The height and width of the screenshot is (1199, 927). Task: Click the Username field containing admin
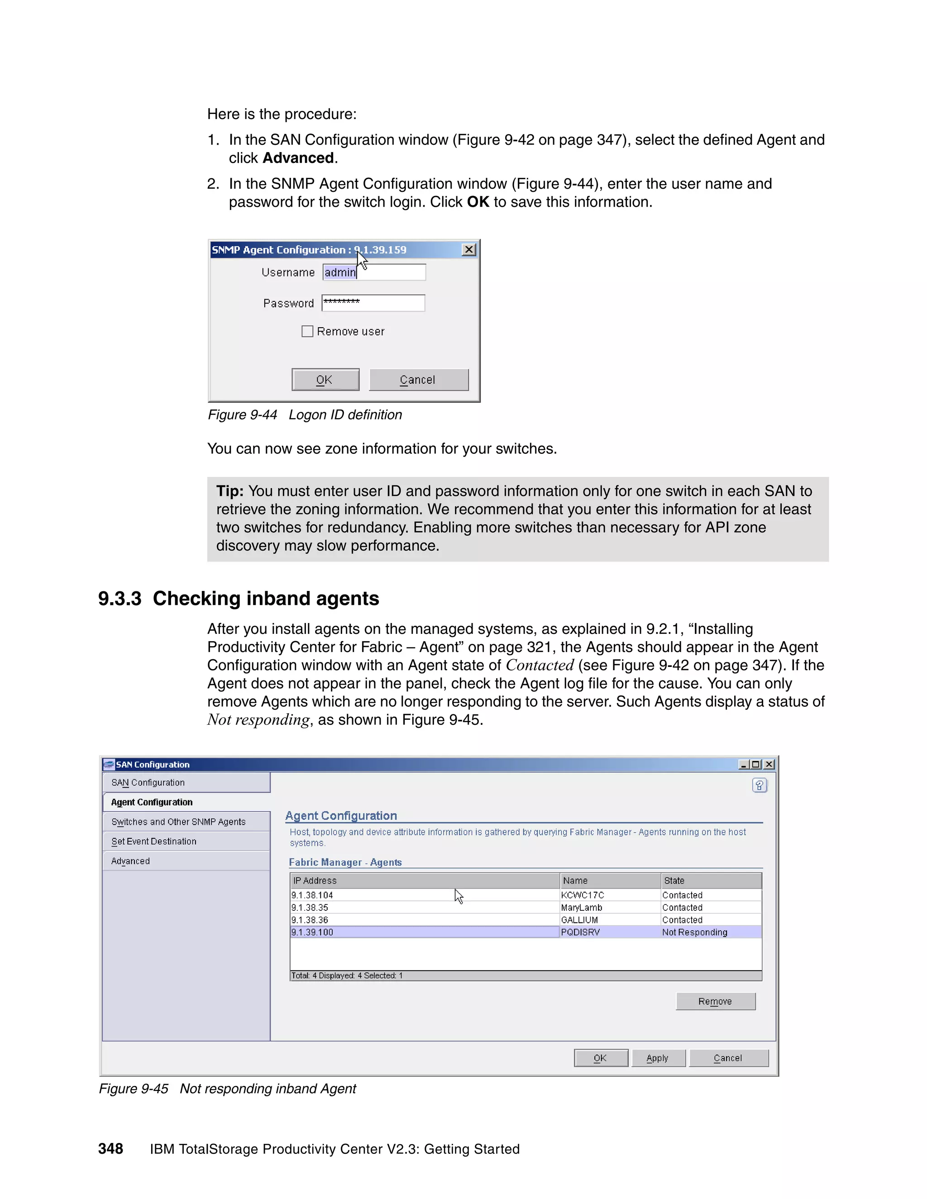373,272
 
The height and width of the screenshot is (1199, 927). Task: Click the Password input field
373,303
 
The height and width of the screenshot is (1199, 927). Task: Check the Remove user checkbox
307,331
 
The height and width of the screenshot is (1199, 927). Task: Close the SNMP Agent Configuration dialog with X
468,250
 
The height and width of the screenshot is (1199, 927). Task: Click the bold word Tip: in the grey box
229,491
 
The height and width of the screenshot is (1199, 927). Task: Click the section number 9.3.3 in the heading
119,599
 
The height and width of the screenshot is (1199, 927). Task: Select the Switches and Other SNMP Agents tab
178,822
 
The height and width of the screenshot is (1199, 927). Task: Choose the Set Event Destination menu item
154,841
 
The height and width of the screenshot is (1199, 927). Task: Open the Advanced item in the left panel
131,861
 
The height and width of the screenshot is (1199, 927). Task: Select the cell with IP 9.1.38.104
312,895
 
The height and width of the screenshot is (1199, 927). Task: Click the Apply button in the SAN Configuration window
658,1058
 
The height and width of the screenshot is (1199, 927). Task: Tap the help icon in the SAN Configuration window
760,785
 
